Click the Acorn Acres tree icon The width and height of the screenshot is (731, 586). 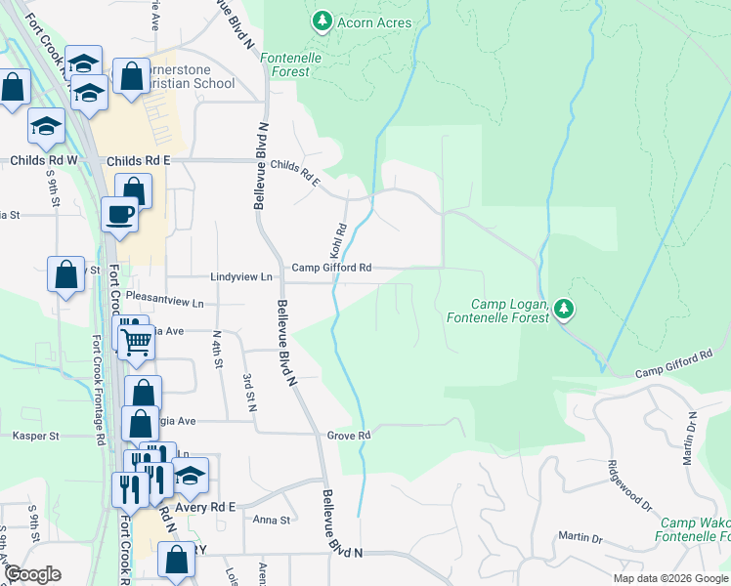point(322,21)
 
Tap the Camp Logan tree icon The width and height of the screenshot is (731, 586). point(563,310)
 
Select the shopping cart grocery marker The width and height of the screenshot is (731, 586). point(136,341)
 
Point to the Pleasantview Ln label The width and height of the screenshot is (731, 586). point(164,303)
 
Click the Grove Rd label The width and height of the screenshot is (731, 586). point(349,436)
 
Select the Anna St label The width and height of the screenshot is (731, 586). point(272,521)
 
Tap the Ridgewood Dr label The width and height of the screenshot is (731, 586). point(628,484)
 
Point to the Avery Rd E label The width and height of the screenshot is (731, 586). point(205,506)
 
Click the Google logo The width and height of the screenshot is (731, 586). point(32,574)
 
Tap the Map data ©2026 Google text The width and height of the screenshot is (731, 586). point(667,578)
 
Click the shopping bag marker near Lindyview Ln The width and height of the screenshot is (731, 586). point(65,275)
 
